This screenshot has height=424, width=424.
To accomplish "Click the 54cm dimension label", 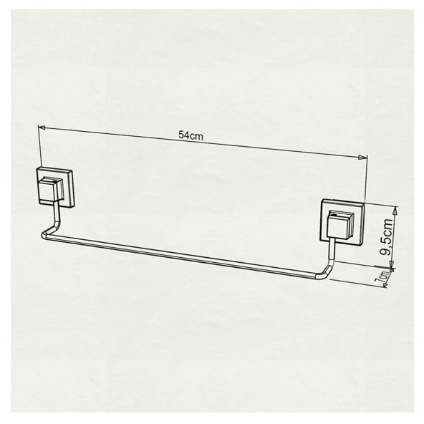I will click(x=189, y=134).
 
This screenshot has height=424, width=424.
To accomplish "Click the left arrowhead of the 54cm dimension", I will click(x=42, y=127).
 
